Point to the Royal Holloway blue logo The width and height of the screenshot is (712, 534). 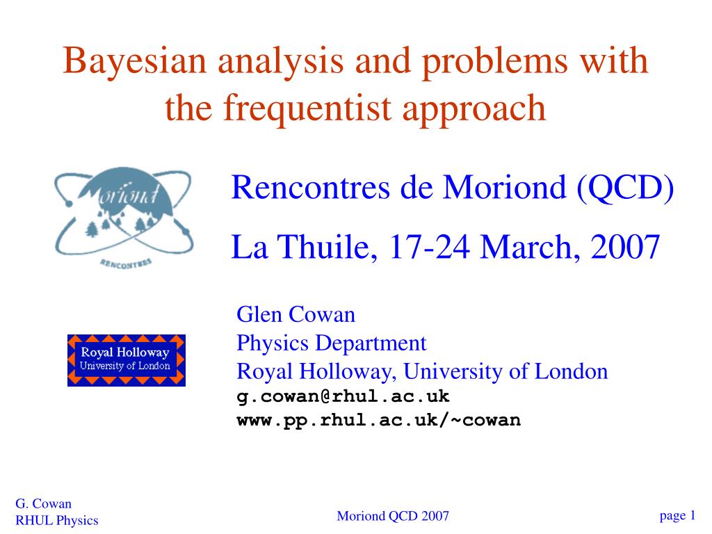(x=127, y=360)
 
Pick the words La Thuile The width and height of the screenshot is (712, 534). (x=303, y=247)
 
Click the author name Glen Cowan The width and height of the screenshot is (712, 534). (x=296, y=314)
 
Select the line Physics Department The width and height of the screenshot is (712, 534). (x=332, y=343)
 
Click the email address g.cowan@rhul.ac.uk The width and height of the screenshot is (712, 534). (x=343, y=396)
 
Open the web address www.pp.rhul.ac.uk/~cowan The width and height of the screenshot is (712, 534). (x=379, y=420)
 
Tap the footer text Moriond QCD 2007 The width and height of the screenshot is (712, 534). (x=393, y=516)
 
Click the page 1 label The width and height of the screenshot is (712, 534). (x=677, y=515)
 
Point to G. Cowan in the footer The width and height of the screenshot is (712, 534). (x=43, y=504)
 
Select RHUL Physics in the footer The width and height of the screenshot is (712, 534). (x=57, y=520)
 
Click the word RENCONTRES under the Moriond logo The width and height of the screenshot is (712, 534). (x=126, y=264)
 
